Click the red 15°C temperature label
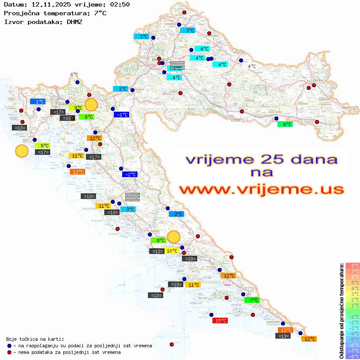point(219,321)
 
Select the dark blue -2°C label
point(129,175)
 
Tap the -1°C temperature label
point(121,114)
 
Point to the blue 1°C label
point(38,101)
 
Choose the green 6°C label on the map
point(285,124)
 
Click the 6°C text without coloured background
point(74,75)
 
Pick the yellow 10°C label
point(171,251)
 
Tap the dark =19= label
point(283,336)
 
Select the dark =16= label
point(67,118)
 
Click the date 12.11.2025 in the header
point(48,4)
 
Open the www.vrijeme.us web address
point(261,189)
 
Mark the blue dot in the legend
point(10,346)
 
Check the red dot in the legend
point(10,352)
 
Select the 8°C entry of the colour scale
point(352,266)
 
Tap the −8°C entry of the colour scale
point(352,357)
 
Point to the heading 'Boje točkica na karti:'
point(35,339)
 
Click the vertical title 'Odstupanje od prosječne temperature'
point(341,311)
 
